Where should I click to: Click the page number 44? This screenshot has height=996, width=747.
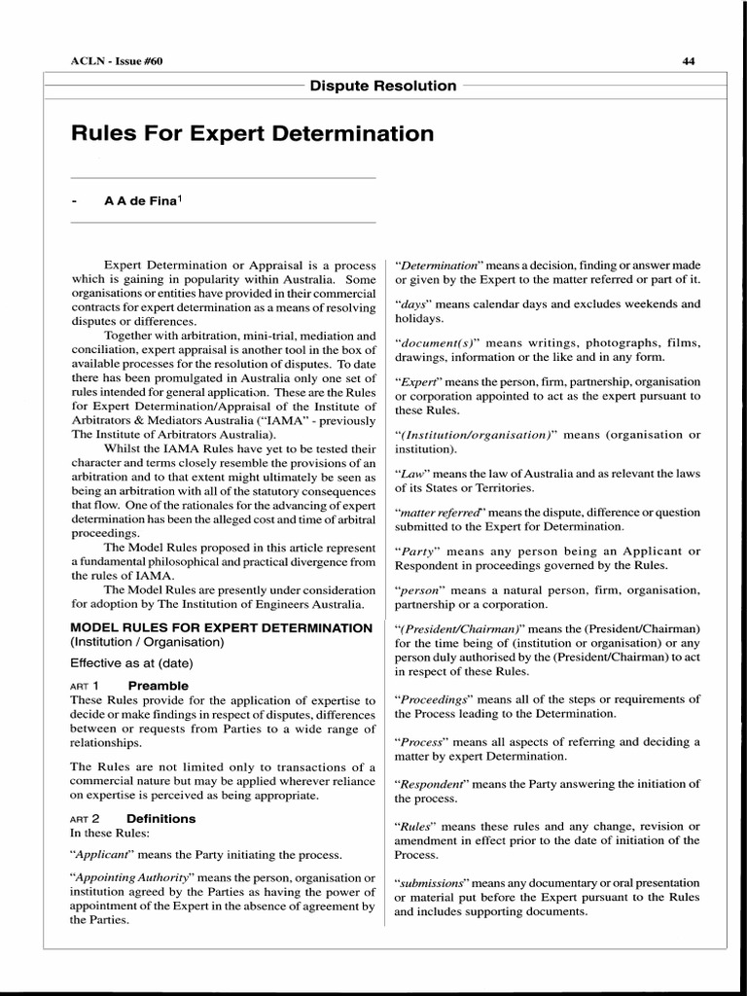pyautogui.click(x=689, y=61)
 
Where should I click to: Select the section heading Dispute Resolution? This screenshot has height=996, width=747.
pyautogui.click(x=383, y=86)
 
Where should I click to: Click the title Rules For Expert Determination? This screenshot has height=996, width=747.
pyautogui.click(x=253, y=132)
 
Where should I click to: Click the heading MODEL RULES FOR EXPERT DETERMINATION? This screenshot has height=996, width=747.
pyautogui.click(x=222, y=627)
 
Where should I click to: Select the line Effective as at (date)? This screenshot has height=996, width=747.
pyautogui.click(x=131, y=663)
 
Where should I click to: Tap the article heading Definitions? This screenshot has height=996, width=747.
pyautogui.click(x=160, y=818)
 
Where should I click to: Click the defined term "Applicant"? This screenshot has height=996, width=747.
pyautogui.click(x=106, y=855)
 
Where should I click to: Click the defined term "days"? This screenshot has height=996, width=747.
pyautogui.click(x=412, y=303)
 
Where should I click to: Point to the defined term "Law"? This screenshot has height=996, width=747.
pyautogui.click(x=411, y=473)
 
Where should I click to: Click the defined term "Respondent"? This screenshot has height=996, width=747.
pyautogui.click(x=432, y=784)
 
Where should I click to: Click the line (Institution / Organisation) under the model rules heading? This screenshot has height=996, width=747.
pyautogui.click(x=146, y=642)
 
